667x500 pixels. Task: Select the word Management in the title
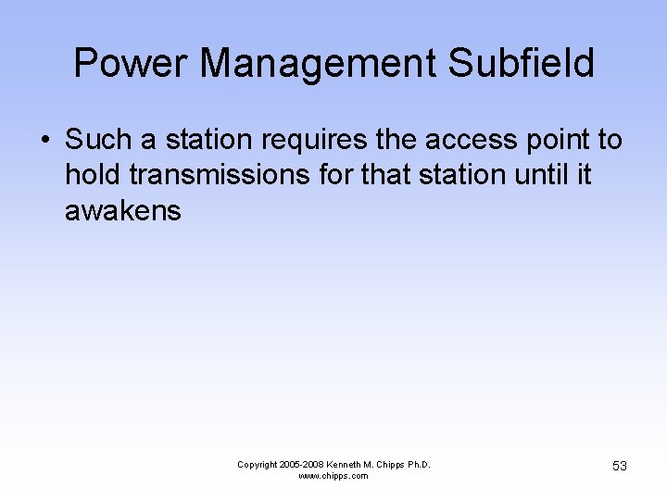pos(315,64)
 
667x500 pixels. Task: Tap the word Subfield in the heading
pos(521,64)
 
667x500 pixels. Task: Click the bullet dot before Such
pos(44,142)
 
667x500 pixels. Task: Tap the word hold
pos(92,175)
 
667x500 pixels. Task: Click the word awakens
pos(122,211)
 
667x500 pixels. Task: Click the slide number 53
pos(619,466)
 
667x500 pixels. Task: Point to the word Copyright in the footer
pos(258,465)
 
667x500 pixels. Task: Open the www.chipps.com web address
pos(333,476)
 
